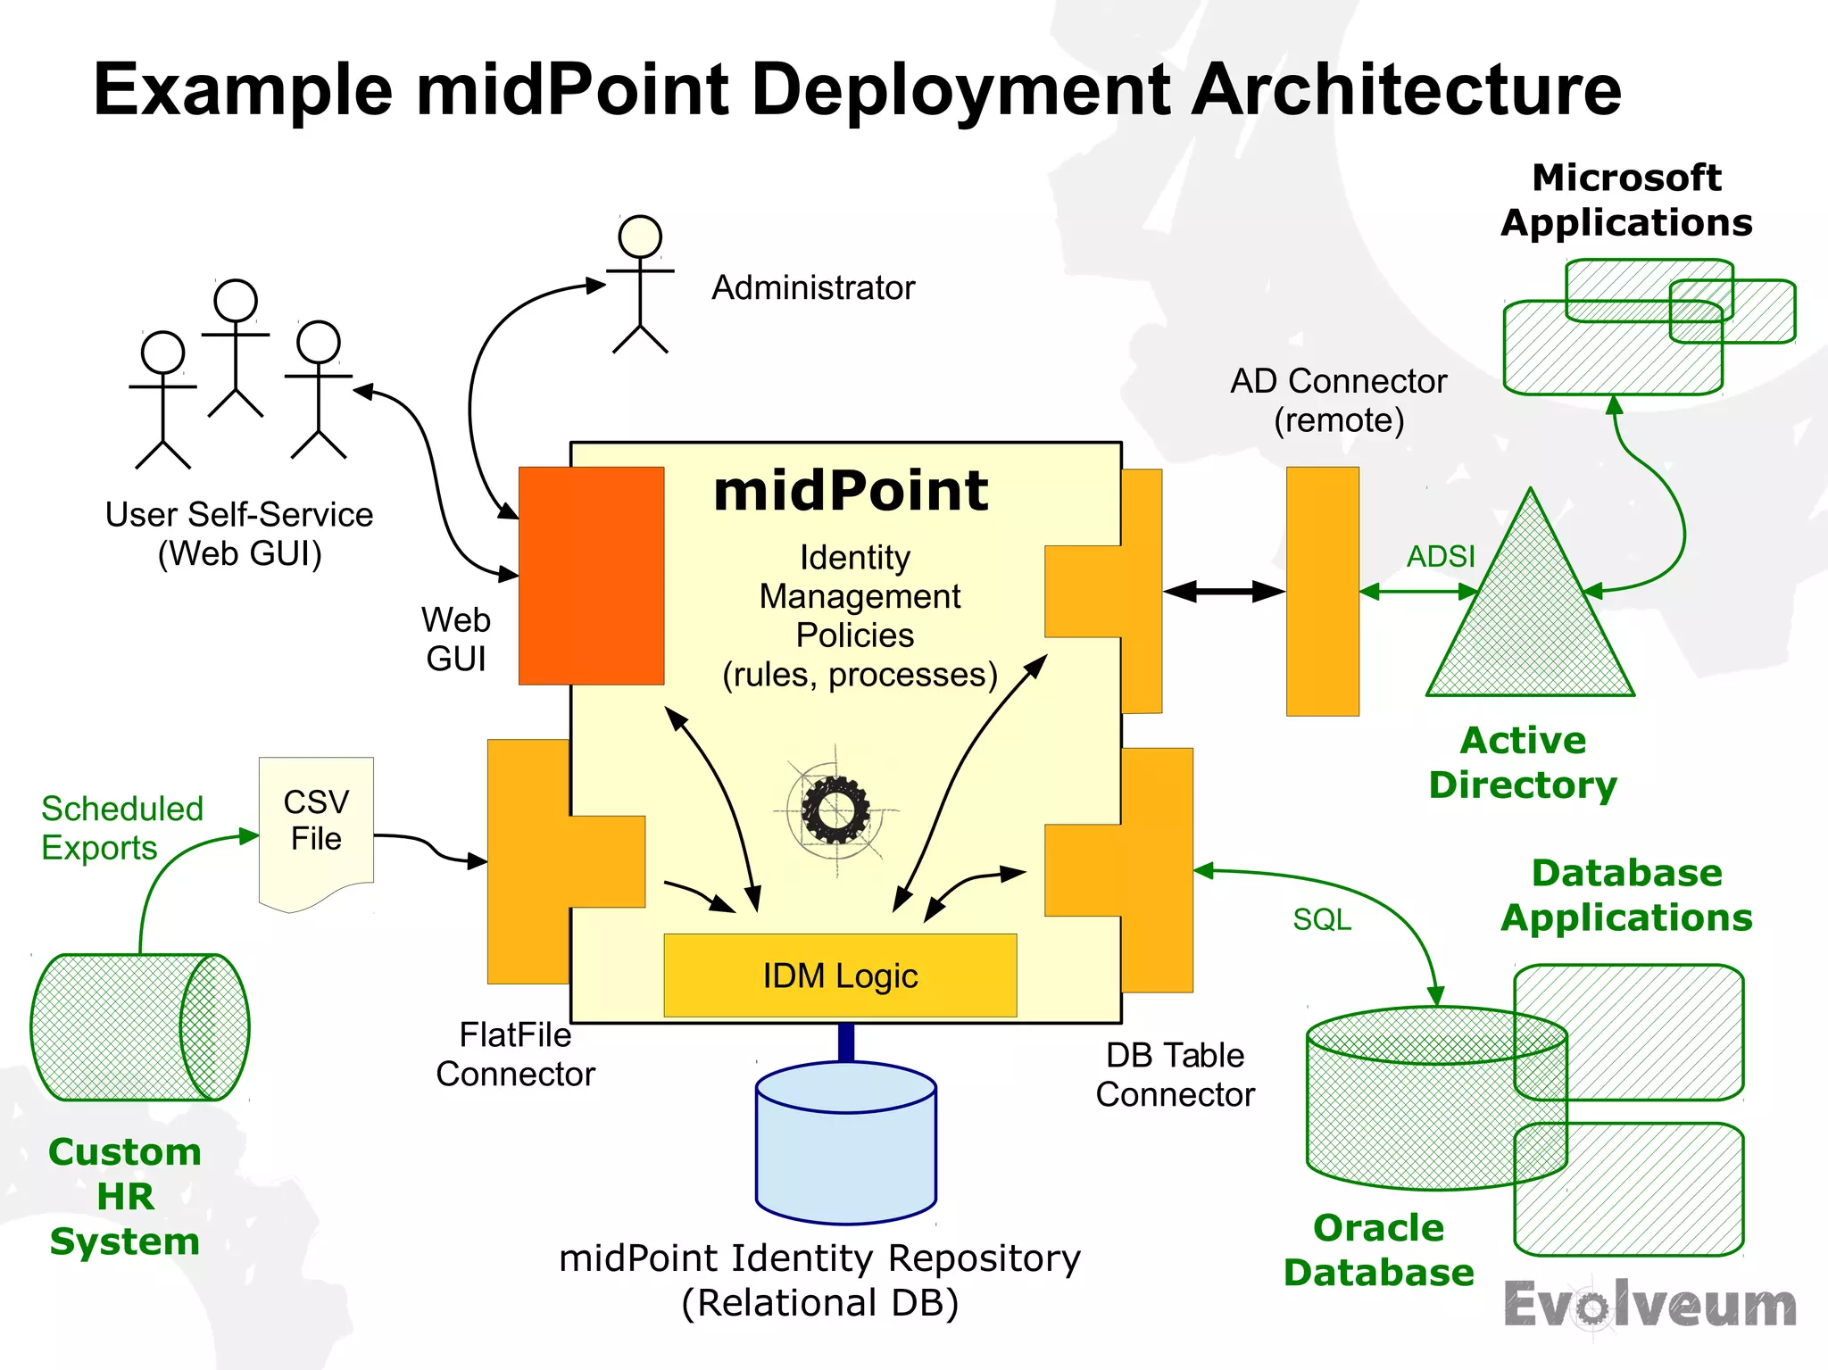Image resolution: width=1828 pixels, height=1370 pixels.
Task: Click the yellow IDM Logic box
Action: [x=840, y=976]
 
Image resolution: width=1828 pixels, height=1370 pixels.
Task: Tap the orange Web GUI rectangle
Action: [x=591, y=576]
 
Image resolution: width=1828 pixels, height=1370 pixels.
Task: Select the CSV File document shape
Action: [x=316, y=830]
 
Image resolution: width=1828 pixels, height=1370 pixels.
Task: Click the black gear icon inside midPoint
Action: [x=835, y=810]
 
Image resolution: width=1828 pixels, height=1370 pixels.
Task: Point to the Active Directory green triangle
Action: [x=1530, y=625]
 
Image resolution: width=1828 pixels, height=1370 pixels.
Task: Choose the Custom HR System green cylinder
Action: [x=139, y=1027]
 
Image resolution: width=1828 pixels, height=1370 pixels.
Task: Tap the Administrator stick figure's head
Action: [x=640, y=237]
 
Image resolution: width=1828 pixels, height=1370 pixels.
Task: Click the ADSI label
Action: [x=1441, y=557]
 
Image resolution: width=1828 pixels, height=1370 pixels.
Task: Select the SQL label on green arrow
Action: [x=1322, y=919]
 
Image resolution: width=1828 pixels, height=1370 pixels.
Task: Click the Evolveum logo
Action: [x=1649, y=1306]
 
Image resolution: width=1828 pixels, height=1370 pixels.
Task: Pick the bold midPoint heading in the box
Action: [x=851, y=491]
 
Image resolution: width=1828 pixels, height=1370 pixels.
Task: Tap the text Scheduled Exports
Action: [x=121, y=827]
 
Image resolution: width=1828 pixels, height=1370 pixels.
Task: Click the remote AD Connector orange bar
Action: [x=1322, y=591]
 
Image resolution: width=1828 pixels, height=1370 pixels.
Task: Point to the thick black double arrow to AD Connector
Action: [x=1224, y=591]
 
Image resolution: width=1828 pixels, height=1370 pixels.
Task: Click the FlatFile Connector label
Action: [x=515, y=1054]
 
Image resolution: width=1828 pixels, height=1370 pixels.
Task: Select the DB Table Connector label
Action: [x=1175, y=1075]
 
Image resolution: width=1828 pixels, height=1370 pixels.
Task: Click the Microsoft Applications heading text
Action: [x=1626, y=200]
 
